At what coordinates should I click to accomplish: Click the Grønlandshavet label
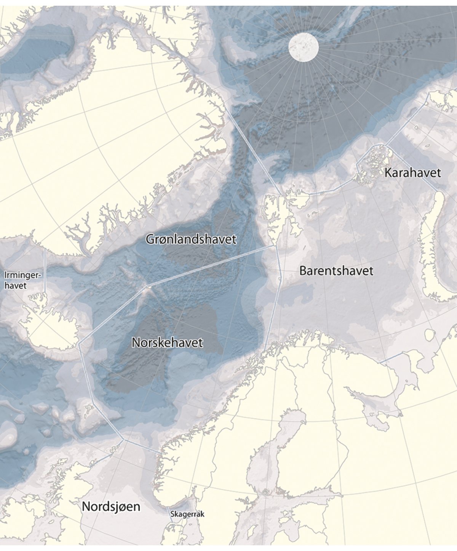pyautogui.click(x=191, y=239)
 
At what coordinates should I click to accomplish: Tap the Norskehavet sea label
pyautogui.click(x=167, y=342)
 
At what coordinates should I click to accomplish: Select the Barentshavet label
pyautogui.click(x=336, y=271)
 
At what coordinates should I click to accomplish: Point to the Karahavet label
pyautogui.click(x=412, y=172)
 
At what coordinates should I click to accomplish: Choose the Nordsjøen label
pyautogui.click(x=111, y=507)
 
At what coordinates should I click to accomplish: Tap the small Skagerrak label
pyautogui.click(x=187, y=514)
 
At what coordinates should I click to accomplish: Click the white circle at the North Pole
pyautogui.click(x=304, y=46)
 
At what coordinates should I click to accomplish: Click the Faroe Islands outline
pyautogui.click(x=89, y=410)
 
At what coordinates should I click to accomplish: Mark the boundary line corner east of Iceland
pyautogui.click(x=79, y=344)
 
